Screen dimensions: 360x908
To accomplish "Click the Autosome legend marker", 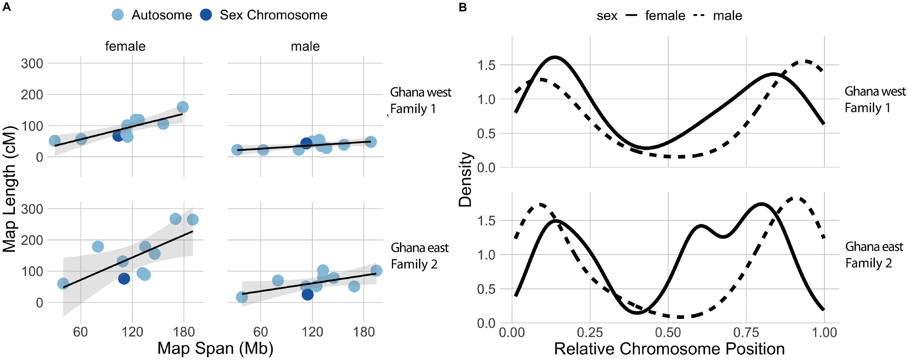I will pos(117,15).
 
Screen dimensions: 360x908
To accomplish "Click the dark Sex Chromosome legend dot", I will pos(206,15).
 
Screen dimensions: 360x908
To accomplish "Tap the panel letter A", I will pos(6,7).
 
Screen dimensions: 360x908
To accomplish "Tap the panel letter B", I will pos(463,7).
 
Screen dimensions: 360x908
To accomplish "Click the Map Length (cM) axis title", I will pos(10,189).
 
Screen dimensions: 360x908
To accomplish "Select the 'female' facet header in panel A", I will pos(125,46).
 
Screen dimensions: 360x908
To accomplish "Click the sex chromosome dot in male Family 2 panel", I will pos(307,294).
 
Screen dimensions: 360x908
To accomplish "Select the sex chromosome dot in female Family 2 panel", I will pos(124,278).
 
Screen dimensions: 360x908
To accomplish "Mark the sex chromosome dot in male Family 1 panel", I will pos(306,143).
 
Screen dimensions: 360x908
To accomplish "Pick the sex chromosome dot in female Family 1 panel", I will pos(118,135).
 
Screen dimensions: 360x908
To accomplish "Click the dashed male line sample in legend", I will pos(699,15).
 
